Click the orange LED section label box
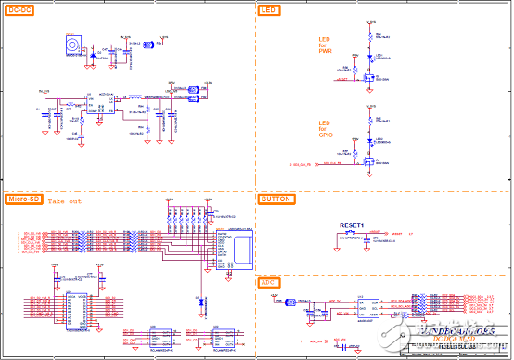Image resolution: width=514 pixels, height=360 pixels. click(269, 9)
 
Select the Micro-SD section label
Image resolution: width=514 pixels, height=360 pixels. click(23, 199)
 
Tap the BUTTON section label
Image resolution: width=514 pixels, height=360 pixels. click(276, 199)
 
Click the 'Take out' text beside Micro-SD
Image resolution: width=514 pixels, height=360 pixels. click(65, 201)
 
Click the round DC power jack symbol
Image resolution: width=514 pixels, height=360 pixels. click(71, 45)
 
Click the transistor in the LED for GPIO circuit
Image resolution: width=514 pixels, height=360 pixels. click(369, 164)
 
